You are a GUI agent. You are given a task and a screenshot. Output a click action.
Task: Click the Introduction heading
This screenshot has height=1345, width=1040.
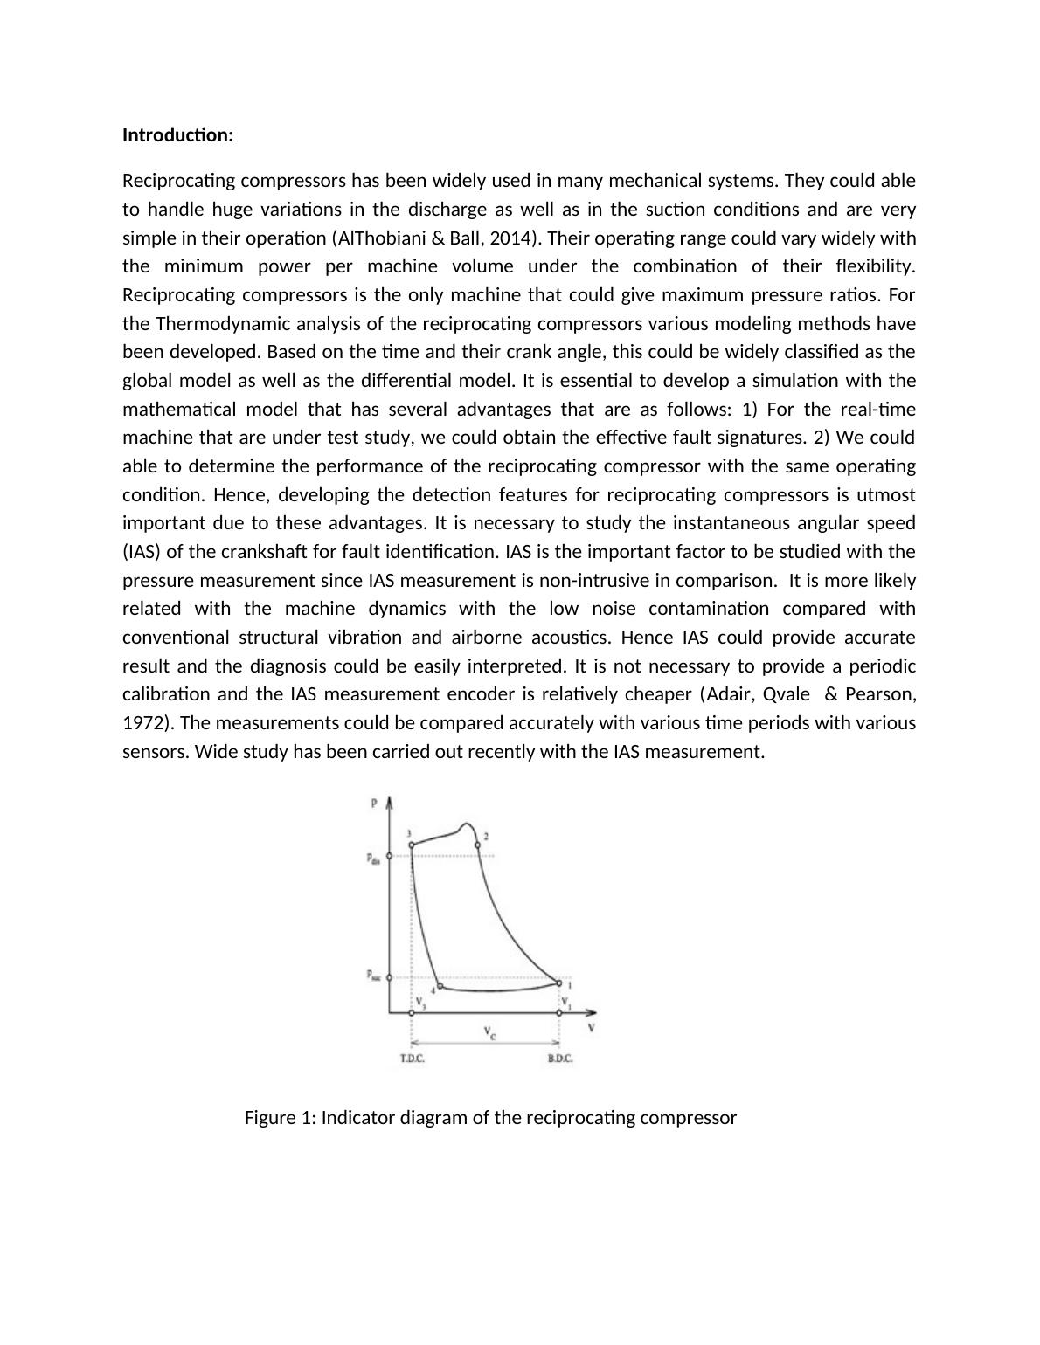click(177, 135)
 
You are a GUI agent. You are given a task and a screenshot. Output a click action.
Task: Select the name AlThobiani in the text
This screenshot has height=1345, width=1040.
click(376, 238)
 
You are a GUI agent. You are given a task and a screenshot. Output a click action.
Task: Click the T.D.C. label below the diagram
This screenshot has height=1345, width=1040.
click(413, 1059)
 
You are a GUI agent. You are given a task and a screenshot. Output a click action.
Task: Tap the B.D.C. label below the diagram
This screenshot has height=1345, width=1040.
click(560, 1059)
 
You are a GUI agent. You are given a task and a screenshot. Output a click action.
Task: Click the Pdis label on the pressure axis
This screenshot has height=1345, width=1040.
click(373, 859)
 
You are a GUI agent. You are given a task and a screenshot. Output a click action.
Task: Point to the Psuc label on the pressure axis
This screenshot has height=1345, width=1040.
click(373, 976)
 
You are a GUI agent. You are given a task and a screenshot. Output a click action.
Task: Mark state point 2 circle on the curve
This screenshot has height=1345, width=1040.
click(477, 845)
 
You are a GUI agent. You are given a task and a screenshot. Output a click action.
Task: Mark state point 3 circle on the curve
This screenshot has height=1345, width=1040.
click(412, 845)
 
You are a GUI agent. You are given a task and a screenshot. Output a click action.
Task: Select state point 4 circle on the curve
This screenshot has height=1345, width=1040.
click(440, 986)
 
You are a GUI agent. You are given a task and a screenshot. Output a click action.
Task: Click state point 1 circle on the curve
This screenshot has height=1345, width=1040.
click(559, 983)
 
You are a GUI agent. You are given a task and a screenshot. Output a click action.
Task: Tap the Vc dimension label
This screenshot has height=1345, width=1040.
click(490, 1032)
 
